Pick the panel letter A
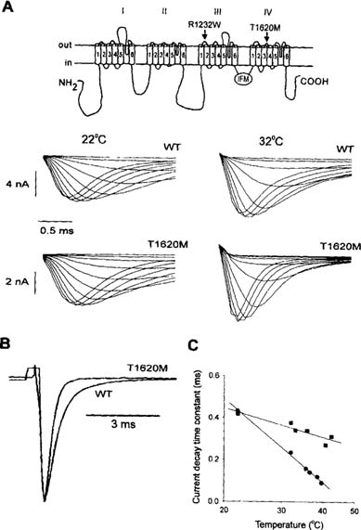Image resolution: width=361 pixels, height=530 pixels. pos(8,7)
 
